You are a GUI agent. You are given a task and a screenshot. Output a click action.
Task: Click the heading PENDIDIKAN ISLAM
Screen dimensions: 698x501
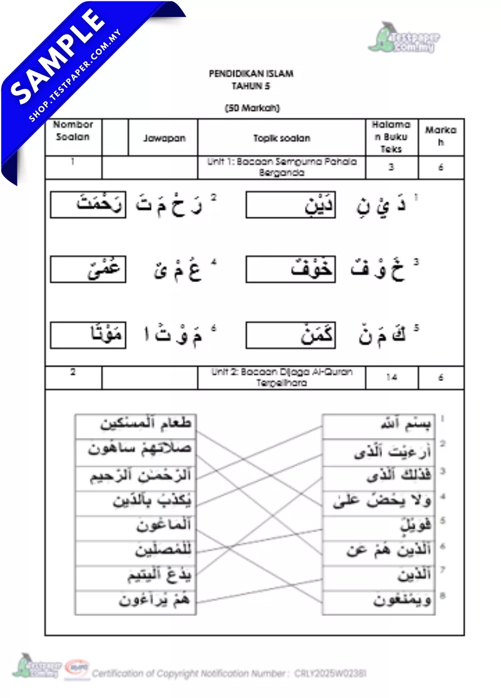coord(250,73)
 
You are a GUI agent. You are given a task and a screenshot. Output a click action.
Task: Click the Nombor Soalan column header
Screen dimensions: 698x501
coord(73,131)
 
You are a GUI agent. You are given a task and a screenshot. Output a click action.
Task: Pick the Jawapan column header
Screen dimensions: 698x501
coord(164,137)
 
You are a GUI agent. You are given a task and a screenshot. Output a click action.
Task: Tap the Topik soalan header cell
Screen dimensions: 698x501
coord(281,137)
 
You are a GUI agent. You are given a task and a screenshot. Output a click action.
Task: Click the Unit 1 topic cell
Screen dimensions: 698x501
coord(281,167)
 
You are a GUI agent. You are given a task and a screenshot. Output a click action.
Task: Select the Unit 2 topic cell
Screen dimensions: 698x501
coord(281,377)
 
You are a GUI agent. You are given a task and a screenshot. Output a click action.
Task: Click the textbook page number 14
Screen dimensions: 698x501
coord(391,377)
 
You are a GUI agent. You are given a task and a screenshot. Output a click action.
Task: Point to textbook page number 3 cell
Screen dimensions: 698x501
coord(391,167)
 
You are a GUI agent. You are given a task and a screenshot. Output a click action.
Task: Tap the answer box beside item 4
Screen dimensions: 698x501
coord(88,269)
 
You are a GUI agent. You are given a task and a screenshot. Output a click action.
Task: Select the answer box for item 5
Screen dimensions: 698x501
coord(290,335)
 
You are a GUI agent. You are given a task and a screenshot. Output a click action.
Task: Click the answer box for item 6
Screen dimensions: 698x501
coord(88,335)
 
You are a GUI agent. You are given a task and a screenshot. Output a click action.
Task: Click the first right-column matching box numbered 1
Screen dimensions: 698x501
coord(378,426)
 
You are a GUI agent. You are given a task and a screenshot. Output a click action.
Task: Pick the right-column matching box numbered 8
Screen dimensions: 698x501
coord(378,602)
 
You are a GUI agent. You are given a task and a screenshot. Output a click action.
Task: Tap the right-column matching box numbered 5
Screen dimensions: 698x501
coord(378,526)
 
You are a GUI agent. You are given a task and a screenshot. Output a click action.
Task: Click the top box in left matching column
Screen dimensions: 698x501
coord(135,425)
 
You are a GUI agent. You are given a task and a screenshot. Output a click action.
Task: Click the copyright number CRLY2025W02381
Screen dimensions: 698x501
coord(330,674)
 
